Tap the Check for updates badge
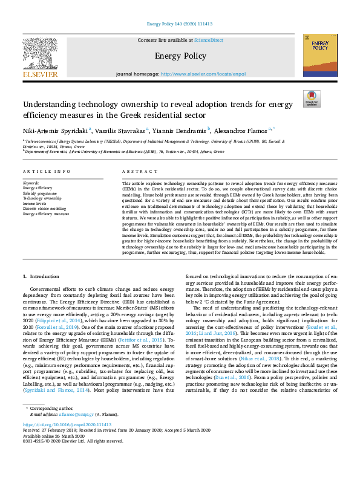(x=312, y=99)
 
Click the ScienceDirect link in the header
(x=209, y=40)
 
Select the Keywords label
(x=31, y=182)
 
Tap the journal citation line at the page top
(x=180, y=24)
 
